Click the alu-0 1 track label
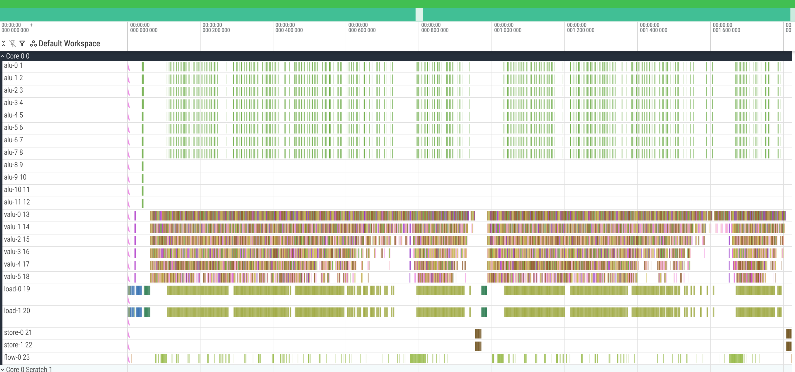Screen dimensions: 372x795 13,66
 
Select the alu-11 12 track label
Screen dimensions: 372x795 17,202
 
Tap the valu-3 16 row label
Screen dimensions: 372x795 16,252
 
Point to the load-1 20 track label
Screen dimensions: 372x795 17,311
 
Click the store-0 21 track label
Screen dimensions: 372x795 18,332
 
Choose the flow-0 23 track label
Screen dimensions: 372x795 17,357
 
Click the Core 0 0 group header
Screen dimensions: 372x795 17,56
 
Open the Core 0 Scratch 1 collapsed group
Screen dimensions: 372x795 29,369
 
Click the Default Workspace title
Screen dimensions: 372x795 69,44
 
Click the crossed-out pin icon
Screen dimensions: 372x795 13,44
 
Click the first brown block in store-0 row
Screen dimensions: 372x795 478,334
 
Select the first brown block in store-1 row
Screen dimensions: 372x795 478,346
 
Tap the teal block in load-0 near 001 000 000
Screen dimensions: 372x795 484,290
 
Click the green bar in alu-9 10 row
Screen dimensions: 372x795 142,178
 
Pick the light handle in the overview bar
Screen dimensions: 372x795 419,15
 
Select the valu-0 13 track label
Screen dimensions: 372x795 16,214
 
